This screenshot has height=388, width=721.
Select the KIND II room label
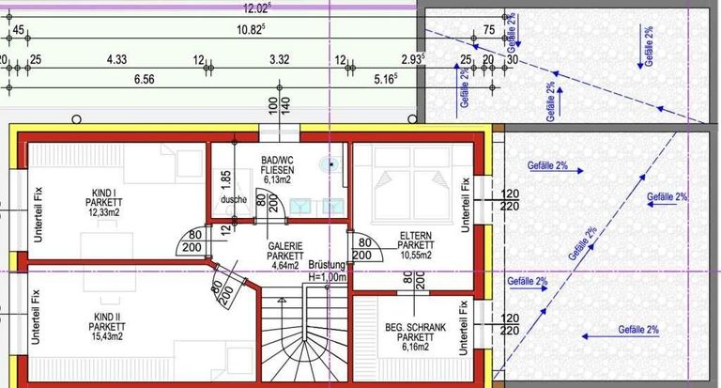(106, 316)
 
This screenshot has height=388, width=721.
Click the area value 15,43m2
(106, 338)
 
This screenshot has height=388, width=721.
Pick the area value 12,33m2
(104, 212)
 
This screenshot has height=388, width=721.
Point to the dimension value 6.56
(144, 80)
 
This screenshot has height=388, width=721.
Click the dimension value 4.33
(117, 59)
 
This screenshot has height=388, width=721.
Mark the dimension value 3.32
(279, 59)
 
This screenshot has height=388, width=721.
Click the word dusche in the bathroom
(234, 199)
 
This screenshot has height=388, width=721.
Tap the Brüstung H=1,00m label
(328, 272)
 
